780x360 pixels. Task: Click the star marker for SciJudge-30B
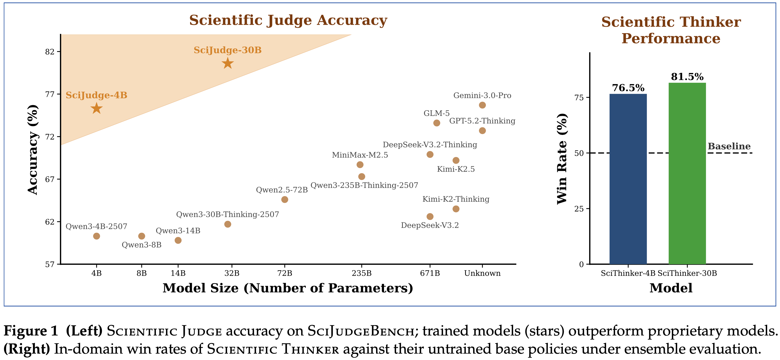227,64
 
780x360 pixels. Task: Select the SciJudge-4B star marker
96,108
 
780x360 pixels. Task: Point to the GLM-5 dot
436,123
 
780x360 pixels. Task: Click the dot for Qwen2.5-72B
284,199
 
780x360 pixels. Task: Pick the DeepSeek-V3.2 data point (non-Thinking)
430,216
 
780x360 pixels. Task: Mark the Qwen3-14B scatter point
178,240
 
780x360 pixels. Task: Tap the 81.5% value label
687,77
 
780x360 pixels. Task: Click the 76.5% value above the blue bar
628,88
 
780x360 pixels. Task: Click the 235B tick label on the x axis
361,273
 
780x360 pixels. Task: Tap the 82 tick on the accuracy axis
50,52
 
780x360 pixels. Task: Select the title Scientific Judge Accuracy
288,20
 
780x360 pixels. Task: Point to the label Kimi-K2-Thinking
456,199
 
